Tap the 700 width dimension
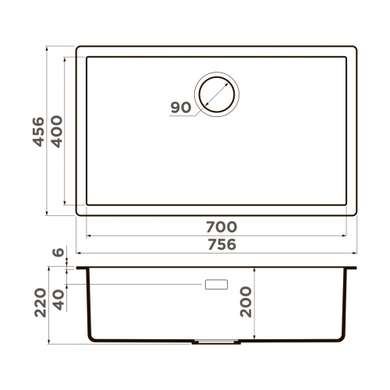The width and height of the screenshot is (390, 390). [x=221, y=226]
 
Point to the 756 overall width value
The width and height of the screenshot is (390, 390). [x=221, y=244]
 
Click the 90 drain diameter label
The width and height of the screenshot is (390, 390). [x=180, y=108]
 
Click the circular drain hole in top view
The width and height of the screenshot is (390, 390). [x=218, y=94]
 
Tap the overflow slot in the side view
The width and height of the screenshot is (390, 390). [x=215, y=285]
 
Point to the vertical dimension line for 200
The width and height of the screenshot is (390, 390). [x=257, y=304]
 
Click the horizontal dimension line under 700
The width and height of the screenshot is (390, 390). [x=216, y=236]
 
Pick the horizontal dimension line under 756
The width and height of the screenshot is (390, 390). [x=216, y=253]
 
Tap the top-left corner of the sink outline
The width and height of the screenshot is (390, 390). [x=78, y=48]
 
